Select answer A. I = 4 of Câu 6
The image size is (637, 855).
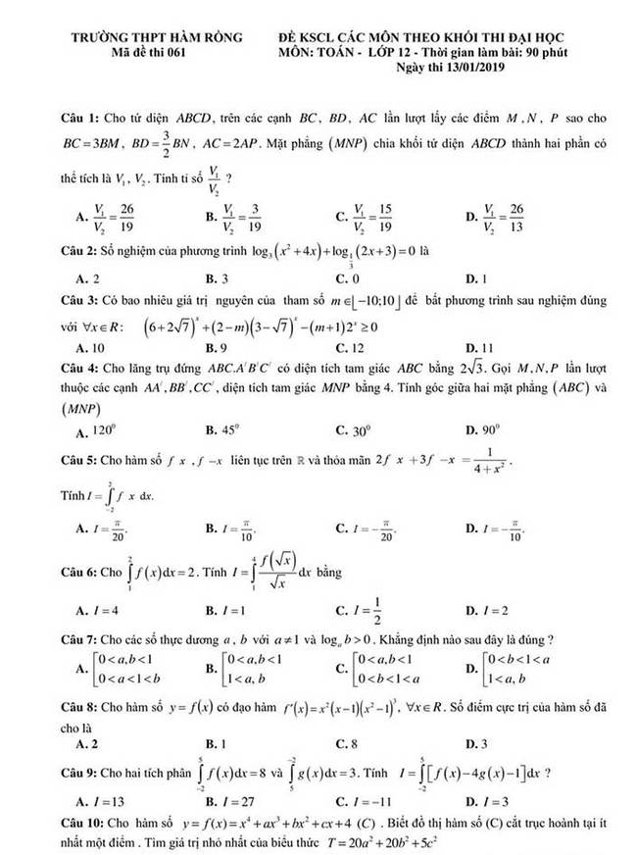(x=97, y=610)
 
